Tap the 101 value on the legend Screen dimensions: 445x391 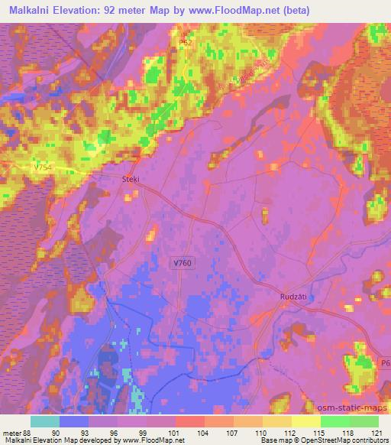pyautogui.click(x=175, y=432)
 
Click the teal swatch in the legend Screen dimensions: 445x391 pyautogui.click(x=45, y=421)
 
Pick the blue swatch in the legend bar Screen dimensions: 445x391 pyautogui.click(x=74, y=421)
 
